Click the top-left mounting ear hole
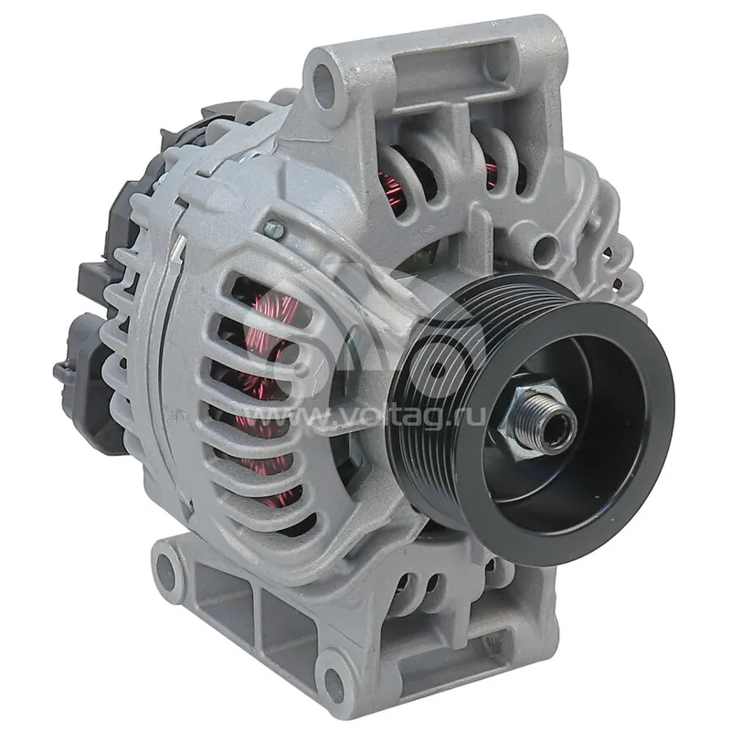[x=322, y=82]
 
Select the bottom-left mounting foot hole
[x=165, y=570]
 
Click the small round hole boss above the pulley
[x=546, y=248]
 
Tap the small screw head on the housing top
[x=273, y=228]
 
